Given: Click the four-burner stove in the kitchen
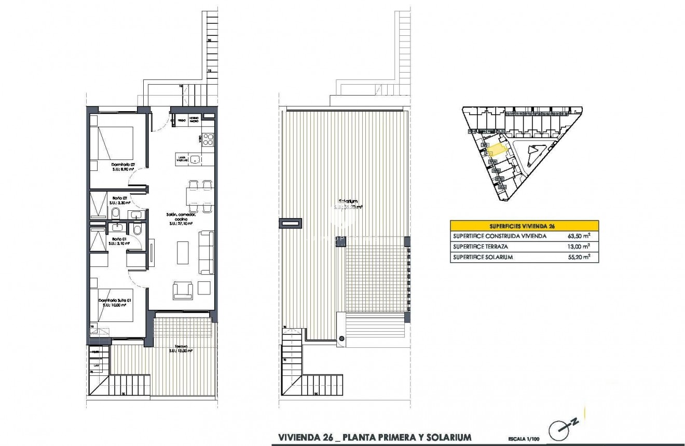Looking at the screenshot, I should point(208,139).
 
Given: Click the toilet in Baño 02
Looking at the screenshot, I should point(115,213).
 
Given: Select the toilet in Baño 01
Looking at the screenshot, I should point(136,229).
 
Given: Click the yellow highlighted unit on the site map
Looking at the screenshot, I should point(497,151).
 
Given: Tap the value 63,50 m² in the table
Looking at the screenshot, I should point(580,236).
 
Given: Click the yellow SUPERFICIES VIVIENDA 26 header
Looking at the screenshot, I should point(524,226).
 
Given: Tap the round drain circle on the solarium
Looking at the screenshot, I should point(341,339).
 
